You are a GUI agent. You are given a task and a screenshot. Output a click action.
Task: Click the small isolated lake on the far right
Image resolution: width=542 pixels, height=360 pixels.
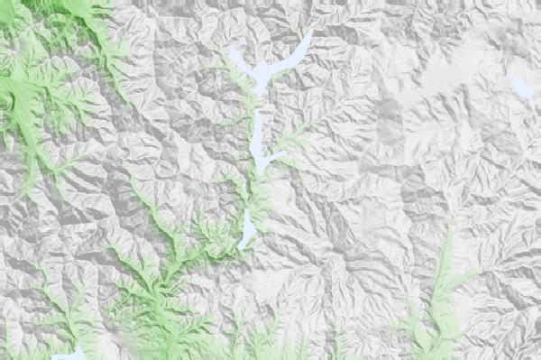click(x=521, y=88)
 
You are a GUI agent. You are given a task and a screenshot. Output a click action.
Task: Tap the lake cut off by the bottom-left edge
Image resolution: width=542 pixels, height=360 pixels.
click(x=69, y=354)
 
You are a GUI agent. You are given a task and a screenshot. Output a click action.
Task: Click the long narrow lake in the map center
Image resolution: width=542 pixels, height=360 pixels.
click(x=258, y=144)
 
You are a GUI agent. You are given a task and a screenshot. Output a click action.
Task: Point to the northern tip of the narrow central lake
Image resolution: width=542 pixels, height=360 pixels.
click(x=257, y=113)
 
